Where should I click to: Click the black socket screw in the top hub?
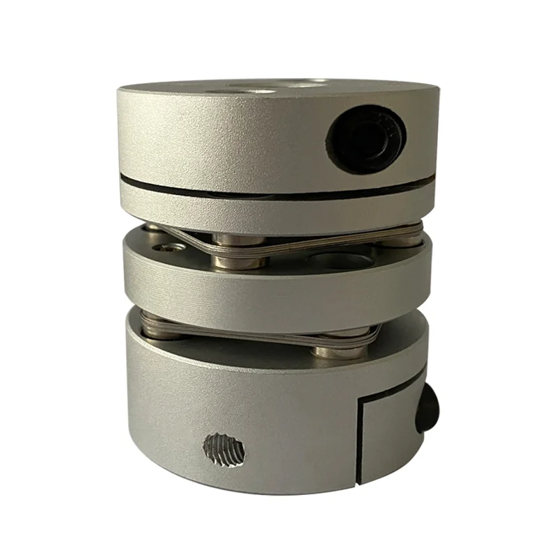pyautogui.click(x=367, y=141)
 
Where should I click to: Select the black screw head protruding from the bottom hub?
pyautogui.click(x=427, y=411)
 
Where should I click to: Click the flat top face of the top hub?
pyautogui.click(x=209, y=91)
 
